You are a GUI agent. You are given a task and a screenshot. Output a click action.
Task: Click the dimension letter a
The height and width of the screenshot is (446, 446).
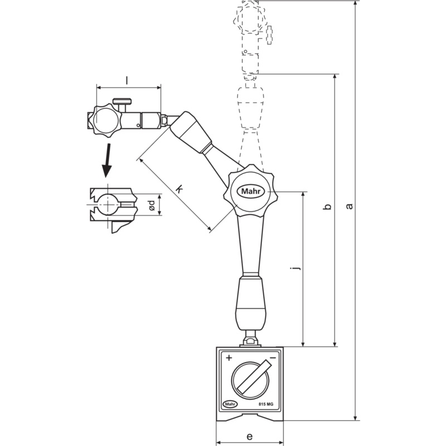350,206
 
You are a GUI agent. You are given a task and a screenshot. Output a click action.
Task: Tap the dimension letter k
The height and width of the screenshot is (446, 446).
179,189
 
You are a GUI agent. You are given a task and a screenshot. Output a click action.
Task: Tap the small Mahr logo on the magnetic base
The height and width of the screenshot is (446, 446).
229,404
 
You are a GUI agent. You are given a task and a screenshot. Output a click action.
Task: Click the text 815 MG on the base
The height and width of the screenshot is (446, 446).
266,404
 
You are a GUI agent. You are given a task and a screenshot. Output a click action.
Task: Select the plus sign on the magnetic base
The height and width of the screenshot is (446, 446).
229,358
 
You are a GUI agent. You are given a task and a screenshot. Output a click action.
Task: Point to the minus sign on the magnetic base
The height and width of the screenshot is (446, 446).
272,358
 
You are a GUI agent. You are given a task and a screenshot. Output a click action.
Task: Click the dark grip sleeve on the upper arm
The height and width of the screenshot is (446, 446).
190,132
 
